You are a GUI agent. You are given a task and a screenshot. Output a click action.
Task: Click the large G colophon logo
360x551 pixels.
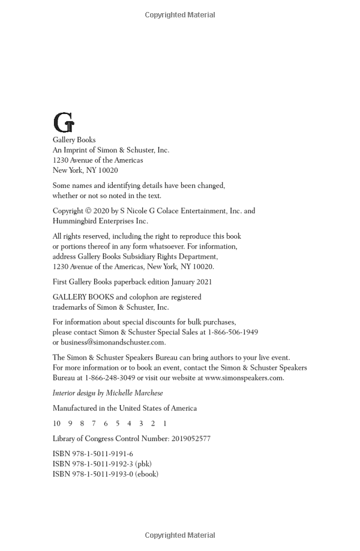(x=64, y=123)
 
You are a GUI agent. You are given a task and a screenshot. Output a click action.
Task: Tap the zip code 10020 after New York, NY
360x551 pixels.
(x=108, y=170)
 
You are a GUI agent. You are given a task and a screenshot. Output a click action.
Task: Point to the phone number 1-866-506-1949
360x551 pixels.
(x=233, y=332)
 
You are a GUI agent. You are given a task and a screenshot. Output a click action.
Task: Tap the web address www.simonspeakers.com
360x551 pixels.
(x=244, y=378)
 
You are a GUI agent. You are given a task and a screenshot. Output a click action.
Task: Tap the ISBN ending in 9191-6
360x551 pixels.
(x=93, y=454)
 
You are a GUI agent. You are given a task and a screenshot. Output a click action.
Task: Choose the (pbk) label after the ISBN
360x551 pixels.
(x=143, y=464)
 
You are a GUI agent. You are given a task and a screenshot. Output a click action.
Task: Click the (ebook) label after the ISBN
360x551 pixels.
(x=146, y=474)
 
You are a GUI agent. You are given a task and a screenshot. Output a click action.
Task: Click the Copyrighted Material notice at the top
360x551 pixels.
(x=180, y=15)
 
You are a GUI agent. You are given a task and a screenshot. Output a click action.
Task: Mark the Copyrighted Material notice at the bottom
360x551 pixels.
(x=180, y=535)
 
